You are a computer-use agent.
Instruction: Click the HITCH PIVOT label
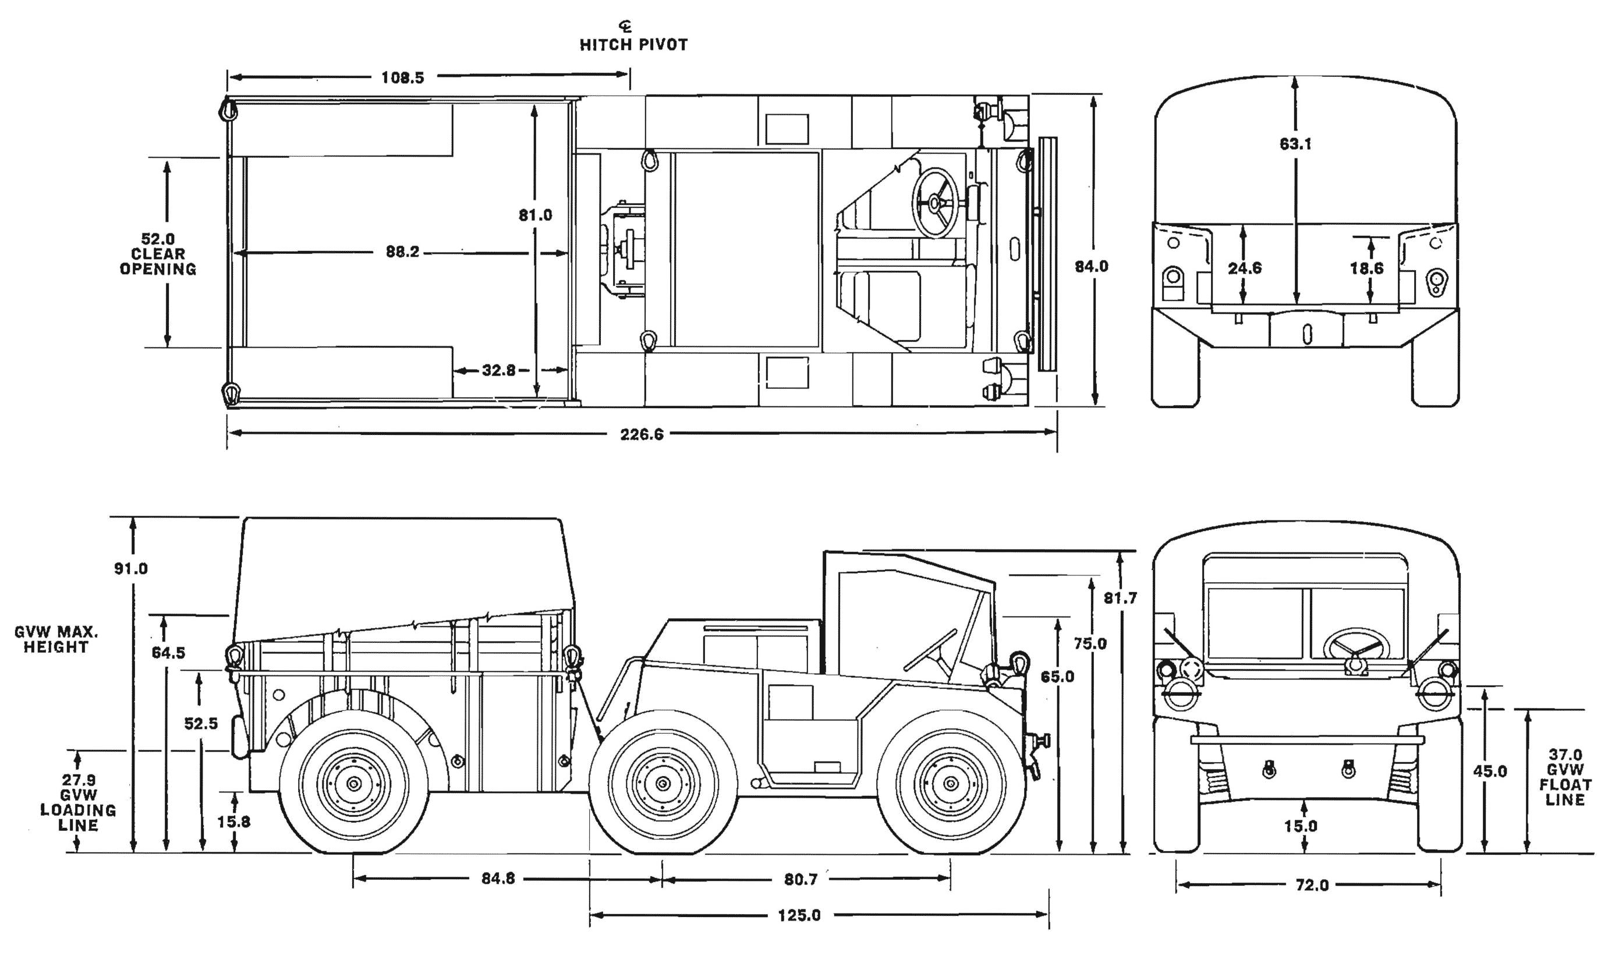pyautogui.click(x=633, y=44)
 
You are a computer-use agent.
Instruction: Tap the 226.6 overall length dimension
pyautogui.click(x=642, y=434)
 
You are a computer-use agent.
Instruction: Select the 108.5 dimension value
pyautogui.click(x=402, y=78)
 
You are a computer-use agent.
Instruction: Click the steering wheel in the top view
pyautogui.click(x=935, y=203)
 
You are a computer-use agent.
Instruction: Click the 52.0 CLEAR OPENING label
pyautogui.click(x=158, y=254)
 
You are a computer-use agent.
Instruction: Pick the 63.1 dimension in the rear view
pyautogui.click(x=1295, y=144)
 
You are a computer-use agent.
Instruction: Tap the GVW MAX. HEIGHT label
pyautogui.click(x=56, y=639)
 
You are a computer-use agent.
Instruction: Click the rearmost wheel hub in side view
pyautogui.click(x=354, y=784)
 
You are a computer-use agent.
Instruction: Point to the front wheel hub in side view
pyautogui.click(x=951, y=784)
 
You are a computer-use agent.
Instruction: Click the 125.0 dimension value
pyautogui.click(x=799, y=915)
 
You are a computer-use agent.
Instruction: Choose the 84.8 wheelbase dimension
pyautogui.click(x=498, y=879)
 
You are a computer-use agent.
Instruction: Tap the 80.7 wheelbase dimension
pyautogui.click(x=800, y=879)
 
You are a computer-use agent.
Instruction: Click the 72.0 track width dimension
pyautogui.click(x=1312, y=886)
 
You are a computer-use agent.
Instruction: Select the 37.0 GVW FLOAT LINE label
pyautogui.click(x=1565, y=777)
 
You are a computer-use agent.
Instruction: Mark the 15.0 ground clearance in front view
pyautogui.click(x=1301, y=826)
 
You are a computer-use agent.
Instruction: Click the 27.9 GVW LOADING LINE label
pyautogui.click(x=78, y=802)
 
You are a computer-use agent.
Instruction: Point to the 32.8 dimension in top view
pyautogui.click(x=498, y=370)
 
